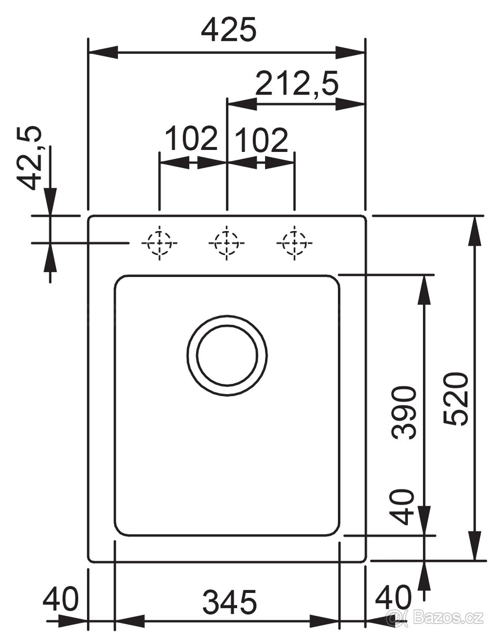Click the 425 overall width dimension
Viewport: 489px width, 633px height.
point(229,29)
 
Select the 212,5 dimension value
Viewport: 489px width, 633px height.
point(296,83)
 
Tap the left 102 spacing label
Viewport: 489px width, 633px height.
point(191,138)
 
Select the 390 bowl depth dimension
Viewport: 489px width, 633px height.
point(403,413)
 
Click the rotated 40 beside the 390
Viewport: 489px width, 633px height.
point(403,507)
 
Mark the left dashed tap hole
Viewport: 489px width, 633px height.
point(159,243)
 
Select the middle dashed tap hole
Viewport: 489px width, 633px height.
point(227,243)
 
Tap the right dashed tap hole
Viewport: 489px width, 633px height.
point(294,243)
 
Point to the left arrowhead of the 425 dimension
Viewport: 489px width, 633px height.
point(104,52)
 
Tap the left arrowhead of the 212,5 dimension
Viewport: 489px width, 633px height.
point(242,104)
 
